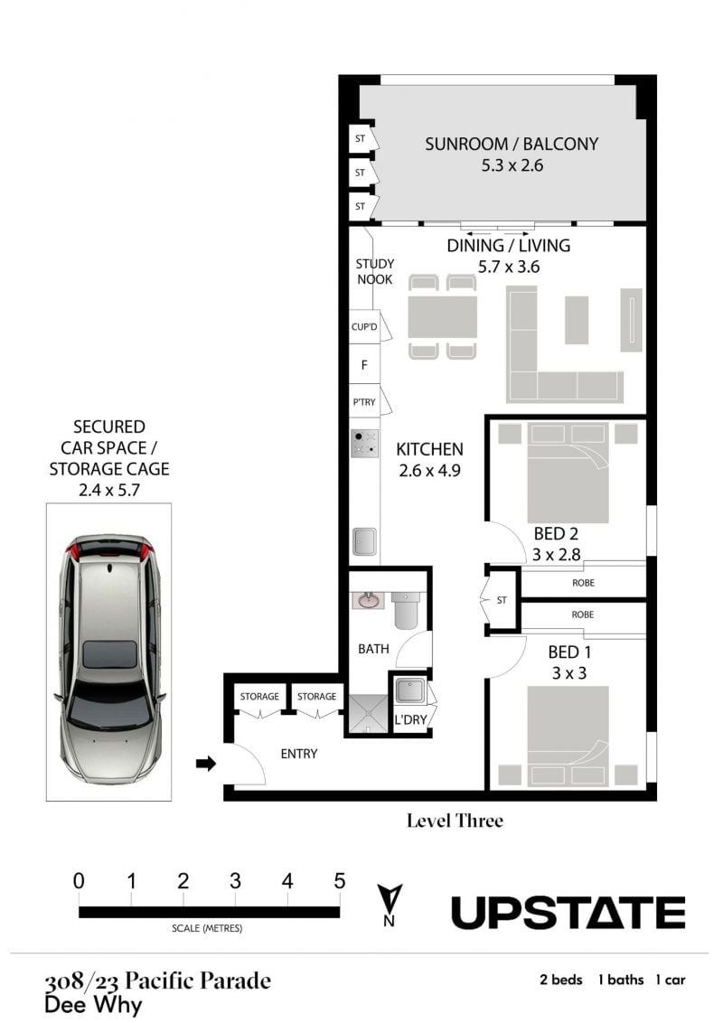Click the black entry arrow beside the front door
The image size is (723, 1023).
tap(206, 764)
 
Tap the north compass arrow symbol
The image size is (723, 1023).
tap(390, 899)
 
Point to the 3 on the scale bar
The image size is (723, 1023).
tap(236, 881)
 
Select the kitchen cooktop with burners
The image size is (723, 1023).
tap(365, 443)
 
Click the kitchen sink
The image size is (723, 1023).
tap(365, 541)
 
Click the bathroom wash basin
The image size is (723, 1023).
tap(370, 600)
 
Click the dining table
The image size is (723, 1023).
tap(443, 317)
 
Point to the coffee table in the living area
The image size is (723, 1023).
tap(577, 320)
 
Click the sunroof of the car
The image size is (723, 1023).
tap(109, 654)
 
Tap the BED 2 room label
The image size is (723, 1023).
tap(556, 534)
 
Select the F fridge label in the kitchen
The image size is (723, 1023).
tap(364, 365)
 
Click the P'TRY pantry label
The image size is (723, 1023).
tap(364, 402)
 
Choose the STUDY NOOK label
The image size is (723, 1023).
tap(374, 271)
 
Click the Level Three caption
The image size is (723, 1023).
tap(455, 821)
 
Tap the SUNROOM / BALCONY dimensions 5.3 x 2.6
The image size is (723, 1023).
tap(512, 165)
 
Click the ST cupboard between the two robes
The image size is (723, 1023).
tap(502, 600)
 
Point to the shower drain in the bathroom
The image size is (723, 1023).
tap(367, 729)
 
